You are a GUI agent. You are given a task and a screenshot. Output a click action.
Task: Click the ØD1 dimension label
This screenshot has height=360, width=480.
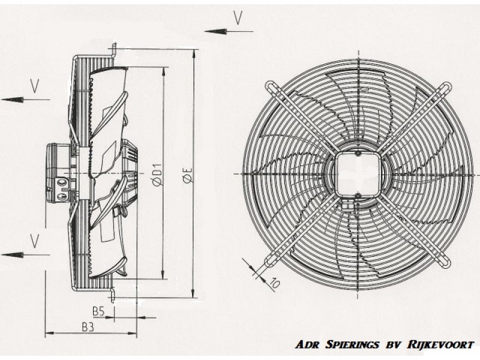pyautogui.click(x=157, y=175)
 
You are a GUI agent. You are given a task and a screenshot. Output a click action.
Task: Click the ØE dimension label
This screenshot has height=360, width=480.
pyautogui.click(x=187, y=175)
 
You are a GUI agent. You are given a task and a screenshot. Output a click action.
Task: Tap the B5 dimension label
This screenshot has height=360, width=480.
pyautogui.click(x=98, y=311)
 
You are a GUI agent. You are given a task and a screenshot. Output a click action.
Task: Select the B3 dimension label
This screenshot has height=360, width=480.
pyautogui.click(x=88, y=327)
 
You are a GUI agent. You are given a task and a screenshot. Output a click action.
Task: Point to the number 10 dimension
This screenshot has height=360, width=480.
pyautogui.click(x=274, y=283)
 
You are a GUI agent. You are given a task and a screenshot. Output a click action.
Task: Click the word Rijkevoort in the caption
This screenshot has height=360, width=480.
pyautogui.click(x=440, y=344)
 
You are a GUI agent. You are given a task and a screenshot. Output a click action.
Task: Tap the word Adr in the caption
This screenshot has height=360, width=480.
pyautogui.click(x=307, y=344)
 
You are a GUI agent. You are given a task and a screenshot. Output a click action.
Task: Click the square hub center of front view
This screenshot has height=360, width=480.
pyautogui.click(x=358, y=174)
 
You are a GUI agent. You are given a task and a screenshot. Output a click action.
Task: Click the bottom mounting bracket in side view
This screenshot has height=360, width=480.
pyautogui.click(x=112, y=293)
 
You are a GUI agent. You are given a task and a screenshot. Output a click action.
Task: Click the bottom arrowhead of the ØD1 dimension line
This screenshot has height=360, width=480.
pyautogui.click(x=163, y=273)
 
